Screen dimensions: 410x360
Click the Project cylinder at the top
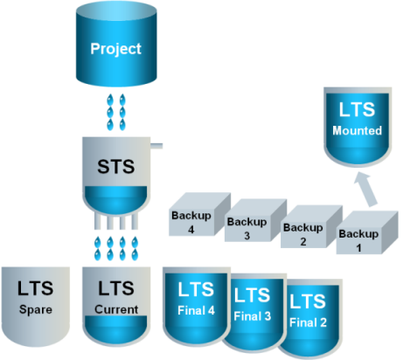click(116, 44)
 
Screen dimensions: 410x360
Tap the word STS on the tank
click(116, 167)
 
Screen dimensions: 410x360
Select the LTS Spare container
click(36, 307)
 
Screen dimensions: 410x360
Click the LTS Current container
click(116, 307)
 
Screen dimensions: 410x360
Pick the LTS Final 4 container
click(197, 306)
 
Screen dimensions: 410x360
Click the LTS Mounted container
click(358, 127)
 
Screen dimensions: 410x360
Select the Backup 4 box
click(199, 214)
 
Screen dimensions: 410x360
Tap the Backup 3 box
click(255, 220)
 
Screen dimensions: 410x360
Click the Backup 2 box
click(311, 226)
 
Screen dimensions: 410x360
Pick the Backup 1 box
click(367, 232)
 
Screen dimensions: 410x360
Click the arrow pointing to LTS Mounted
click(365, 190)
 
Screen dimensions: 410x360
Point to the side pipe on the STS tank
click(156, 146)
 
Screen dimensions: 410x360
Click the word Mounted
click(358, 130)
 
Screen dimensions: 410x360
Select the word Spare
click(36, 309)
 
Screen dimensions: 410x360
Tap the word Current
click(116, 309)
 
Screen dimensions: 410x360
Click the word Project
click(115, 49)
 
